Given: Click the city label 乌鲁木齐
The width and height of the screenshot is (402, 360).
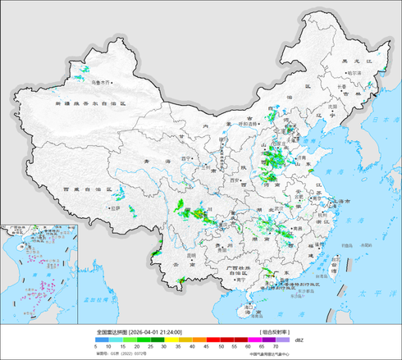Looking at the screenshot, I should coord(102,82).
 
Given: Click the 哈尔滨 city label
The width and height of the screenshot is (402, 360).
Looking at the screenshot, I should coord(354,73).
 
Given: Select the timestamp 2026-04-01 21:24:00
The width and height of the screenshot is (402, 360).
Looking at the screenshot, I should coord(155,332).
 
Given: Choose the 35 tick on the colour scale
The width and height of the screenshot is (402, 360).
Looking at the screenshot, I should coord(178,347).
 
